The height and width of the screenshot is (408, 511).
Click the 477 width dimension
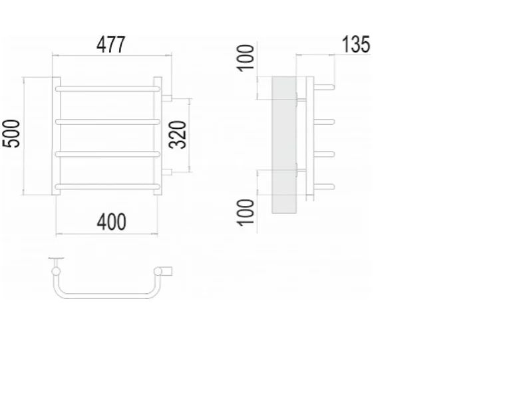tap(110, 45)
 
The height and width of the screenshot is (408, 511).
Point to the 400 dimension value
tap(110, 222)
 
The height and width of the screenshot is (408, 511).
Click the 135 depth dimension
tap(355, 45)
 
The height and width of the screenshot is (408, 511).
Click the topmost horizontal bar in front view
tap(108, 87)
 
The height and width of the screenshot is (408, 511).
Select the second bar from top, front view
tap(108, 121)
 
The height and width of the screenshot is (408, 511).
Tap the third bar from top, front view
tap(108, 153)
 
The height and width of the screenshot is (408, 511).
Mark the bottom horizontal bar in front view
tap(108, 185)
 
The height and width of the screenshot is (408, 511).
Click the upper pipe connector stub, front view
tap(167, 98)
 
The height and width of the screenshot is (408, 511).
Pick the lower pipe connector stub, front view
tap(167, 172)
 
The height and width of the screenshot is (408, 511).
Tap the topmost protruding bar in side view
tap(323, 87)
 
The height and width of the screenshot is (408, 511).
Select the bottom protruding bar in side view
tap(323, 185)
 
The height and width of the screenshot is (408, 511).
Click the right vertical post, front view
tap(158, 136)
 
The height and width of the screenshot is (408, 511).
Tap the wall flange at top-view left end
tap(56, 260)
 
